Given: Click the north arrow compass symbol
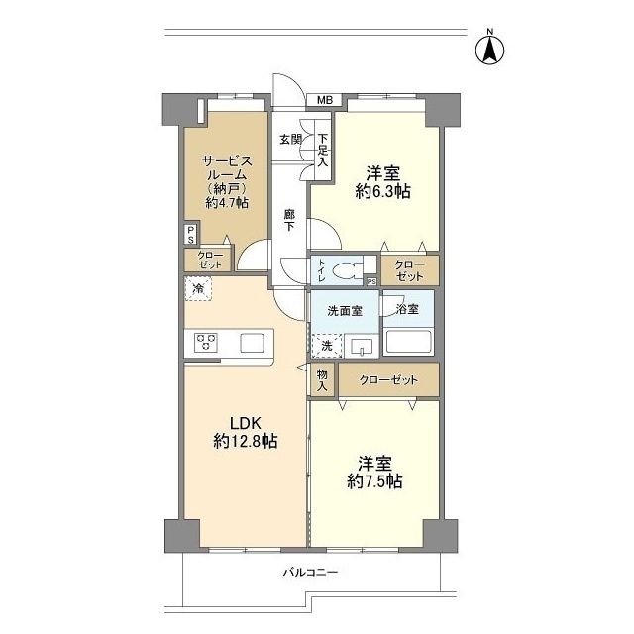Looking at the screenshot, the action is [489, 49].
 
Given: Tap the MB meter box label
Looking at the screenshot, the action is [324, 100].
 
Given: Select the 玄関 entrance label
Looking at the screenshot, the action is [291, 140].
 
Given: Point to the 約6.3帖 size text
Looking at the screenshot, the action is [383, 191].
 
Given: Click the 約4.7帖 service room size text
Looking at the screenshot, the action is [227, 202].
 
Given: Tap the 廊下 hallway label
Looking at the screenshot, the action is [288, 220].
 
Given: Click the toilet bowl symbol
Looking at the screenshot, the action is [349, 269].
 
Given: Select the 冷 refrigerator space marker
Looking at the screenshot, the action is [198, 288].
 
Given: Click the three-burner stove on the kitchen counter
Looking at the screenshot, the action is [206, 343].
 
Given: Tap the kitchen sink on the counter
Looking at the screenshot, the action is [252, 344].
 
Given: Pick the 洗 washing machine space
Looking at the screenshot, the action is [327, 346].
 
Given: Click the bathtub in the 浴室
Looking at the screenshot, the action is [408, 343].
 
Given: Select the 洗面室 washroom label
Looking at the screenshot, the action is [345, 311].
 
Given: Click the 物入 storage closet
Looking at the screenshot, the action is [322, 380].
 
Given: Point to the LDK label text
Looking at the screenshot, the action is [245, 423].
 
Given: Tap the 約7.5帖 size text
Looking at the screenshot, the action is [374, 481].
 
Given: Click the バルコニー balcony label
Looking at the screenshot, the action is [310, 573].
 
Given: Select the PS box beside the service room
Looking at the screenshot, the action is [191, 234].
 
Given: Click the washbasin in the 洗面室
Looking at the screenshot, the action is [361, 347].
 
